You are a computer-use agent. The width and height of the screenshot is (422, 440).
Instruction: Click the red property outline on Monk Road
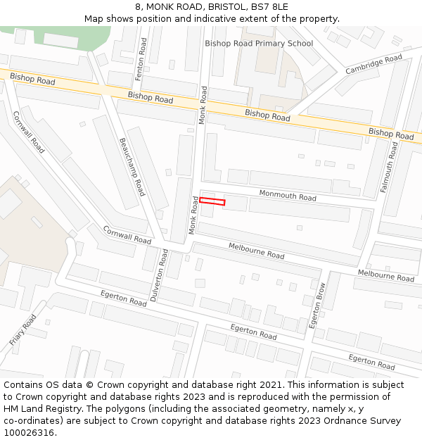point(212,202)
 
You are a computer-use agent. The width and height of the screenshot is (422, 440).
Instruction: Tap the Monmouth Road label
point(288,196)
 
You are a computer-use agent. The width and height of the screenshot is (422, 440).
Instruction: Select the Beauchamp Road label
point(132,167)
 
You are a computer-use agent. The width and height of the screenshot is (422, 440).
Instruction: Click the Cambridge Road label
point(373,63)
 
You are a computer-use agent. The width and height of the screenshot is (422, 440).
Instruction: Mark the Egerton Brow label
point(318,306)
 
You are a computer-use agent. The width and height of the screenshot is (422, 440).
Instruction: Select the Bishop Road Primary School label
point(259,44)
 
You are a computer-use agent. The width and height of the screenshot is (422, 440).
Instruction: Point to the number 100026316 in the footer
point(29,432)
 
